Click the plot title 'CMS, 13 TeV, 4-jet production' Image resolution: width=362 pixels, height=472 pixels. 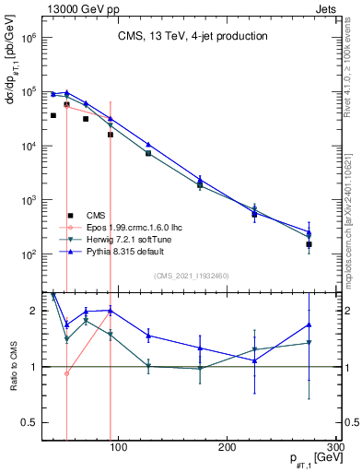[x=193, y=36]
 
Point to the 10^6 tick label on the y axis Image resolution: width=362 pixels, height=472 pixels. [x=27, y=38]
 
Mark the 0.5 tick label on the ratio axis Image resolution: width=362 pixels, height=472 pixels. [x=28, y=423]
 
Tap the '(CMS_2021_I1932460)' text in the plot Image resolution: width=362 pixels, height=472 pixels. [x=192, y=275]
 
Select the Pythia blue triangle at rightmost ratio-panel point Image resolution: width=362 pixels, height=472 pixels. [x=309, y=324]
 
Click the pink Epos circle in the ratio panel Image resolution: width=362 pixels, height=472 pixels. [x=66, y=373]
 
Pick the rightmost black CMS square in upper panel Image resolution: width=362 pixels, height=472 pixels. [x=309, y=244]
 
